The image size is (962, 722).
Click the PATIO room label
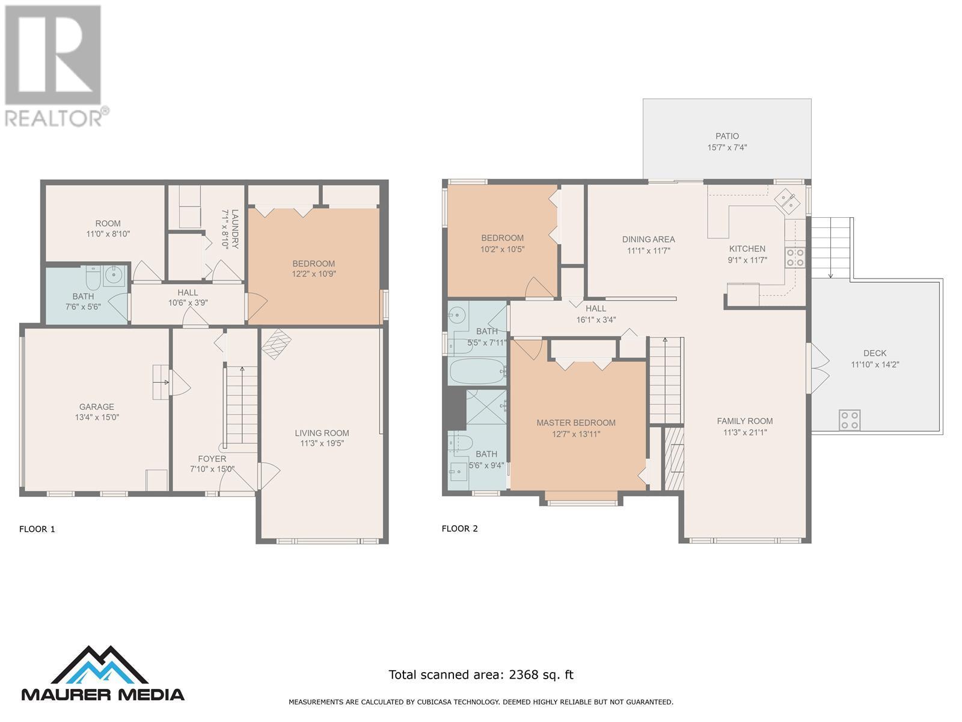click(727, 137)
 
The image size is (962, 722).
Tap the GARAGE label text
click(96, 407)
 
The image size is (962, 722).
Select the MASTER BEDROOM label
click(576, 422)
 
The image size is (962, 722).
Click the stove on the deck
click(850, 419)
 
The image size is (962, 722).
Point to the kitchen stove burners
click(795, 258)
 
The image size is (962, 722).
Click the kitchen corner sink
click(787, 202)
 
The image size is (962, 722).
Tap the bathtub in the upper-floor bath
click(478, 372)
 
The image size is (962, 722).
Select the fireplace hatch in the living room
click(277, 344)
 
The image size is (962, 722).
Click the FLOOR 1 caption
click(37, 529)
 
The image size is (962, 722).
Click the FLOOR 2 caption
click(460, 529)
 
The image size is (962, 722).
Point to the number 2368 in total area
click(523, 674)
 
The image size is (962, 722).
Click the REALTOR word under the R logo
click(54, 118)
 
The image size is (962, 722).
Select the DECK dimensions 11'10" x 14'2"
click(875, 364)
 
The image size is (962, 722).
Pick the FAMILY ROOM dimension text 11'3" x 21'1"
click(744, 432)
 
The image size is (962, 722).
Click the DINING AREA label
click(648, 239)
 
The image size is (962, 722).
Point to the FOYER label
click(212, 459)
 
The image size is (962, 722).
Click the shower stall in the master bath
click(486, 406)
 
